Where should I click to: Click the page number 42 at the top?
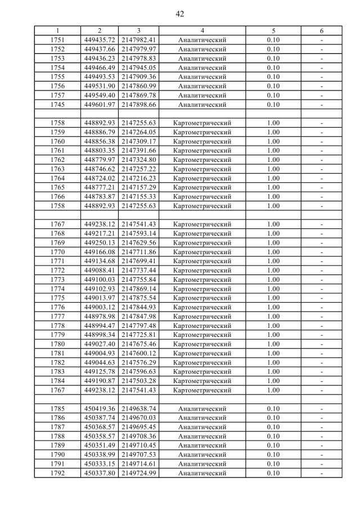[180, 13]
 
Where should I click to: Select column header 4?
[202, 30]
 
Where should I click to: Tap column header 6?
[321, 30]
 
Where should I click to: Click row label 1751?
[57, 40]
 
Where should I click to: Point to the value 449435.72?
[100, 40]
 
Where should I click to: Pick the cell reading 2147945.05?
[138, 67]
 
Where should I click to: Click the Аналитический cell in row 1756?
[202, 86]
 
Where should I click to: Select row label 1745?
[57, 105]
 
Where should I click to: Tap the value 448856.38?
[100, 141]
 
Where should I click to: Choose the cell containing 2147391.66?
[138, 150]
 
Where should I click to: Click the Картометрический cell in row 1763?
[202, 169]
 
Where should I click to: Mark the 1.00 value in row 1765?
[273, 187]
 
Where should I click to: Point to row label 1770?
[57, 251]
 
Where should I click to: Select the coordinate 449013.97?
[100, 298]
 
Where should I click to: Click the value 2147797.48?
[138, 325]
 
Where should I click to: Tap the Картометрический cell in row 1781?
[202, 353]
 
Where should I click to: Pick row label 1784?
[57, 380]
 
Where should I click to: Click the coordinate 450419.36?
[100, 408]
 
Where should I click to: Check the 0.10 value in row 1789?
[273, 445]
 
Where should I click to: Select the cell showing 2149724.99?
[138, 473]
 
